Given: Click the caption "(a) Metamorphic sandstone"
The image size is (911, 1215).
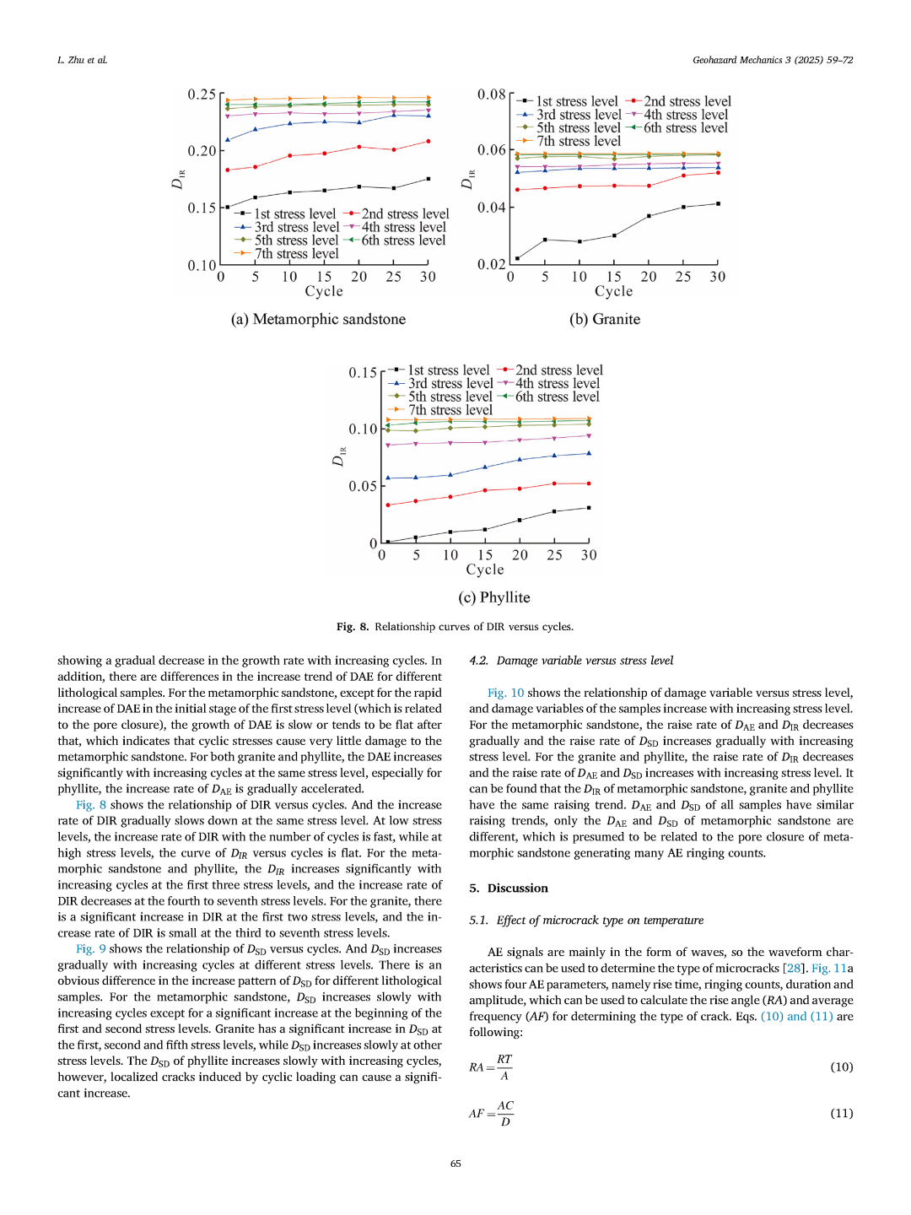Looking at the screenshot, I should click(318, 319).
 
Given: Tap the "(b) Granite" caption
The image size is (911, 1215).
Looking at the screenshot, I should click(604, 319).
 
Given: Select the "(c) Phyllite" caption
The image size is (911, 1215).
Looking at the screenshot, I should click(494, 597).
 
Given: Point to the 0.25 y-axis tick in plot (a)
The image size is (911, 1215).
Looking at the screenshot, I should click(202, 94).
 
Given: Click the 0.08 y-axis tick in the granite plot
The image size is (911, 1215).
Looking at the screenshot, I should click(491, 94).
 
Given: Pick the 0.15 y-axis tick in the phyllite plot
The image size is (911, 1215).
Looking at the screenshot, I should click(363, 373).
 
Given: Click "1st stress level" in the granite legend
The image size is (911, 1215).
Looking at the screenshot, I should click(577, 101).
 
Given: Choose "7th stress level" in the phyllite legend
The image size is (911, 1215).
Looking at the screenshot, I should click(450, 410).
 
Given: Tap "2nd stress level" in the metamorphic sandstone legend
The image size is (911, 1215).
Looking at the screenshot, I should click(405, 214).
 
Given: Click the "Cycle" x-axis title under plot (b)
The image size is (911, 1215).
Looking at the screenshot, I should click(613, 291).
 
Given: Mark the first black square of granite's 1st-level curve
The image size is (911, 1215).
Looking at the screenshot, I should click(517, 259).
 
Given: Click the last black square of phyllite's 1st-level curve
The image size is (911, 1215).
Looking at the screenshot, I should click(589, 508).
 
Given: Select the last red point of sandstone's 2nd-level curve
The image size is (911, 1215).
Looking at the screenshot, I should click(429, 142).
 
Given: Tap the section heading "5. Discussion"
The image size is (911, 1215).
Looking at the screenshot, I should click(509, 888).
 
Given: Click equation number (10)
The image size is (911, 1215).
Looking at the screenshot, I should click(842, 1067).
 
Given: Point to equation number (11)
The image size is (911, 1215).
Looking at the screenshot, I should click(842, 1114).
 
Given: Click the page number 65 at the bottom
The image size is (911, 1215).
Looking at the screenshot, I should click(455, 1164).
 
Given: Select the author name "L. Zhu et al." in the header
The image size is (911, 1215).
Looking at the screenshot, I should click(83, 60).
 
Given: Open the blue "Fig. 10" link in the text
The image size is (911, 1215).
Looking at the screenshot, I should click(505, 693).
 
